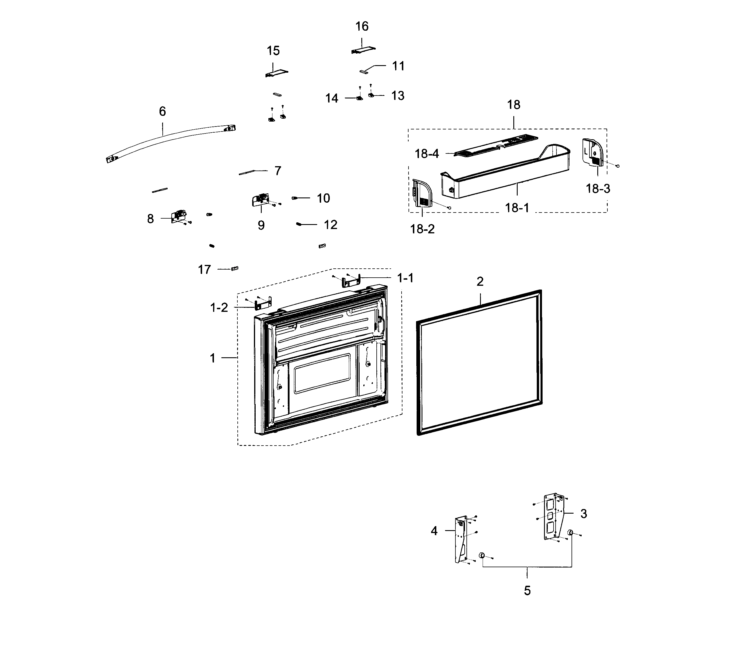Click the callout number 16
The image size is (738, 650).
pos(362,26)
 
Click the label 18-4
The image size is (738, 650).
pos(426,154)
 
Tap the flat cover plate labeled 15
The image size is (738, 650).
pos(276,73)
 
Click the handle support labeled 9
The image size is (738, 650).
pos(260,200)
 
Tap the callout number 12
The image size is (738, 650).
pos(330,225)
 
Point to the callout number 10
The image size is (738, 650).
pos(323,198)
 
